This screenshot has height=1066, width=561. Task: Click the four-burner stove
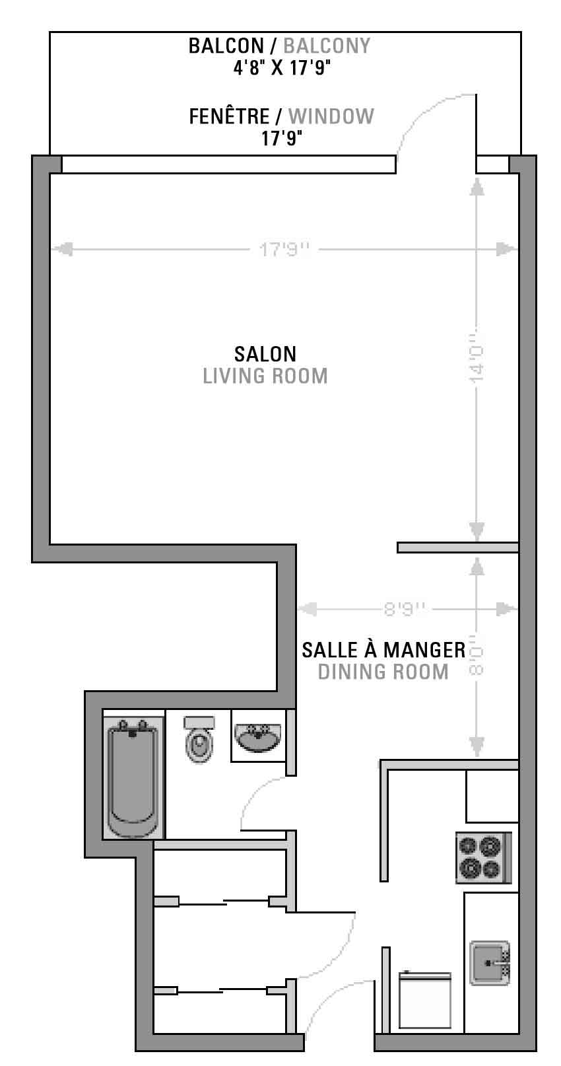coord(484,857)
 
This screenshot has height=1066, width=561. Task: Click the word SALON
coord(265,354)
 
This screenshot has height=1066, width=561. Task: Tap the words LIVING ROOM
coord(265,376)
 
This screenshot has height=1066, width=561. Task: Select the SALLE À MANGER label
coord(383,650)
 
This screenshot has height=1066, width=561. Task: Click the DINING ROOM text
coord(383,672)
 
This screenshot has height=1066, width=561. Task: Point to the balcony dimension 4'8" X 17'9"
coord(282,68)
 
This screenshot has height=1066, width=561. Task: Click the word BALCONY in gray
coord(327,46)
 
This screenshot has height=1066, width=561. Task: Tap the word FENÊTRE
coord(229,117)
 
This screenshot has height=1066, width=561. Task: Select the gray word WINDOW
coord(331,117)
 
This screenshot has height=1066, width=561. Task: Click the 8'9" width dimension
coord(404,609)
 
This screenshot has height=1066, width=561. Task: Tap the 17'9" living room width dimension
coord(284,249)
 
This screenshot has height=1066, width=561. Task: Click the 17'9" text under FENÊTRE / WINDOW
coord(282,139)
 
